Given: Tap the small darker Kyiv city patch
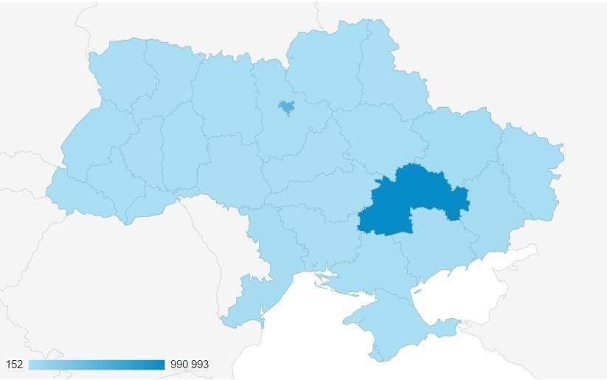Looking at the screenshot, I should point(285,107).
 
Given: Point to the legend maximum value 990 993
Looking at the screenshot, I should point(190,365).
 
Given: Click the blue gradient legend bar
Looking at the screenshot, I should point(96,365).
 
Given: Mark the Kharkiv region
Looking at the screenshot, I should point(457,140).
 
